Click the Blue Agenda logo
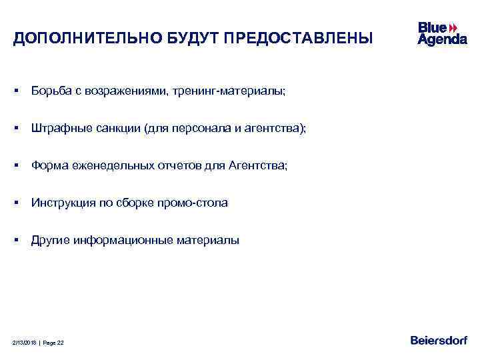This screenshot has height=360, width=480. tap(441, 33)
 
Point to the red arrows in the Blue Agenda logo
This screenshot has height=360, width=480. tap(453, 27)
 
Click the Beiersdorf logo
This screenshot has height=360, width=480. tap(439, 341)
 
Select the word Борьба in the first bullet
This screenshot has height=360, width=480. tap(49, 91)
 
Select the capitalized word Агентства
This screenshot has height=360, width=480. tap(261, 165)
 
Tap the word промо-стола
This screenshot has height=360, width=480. tap(198, 203)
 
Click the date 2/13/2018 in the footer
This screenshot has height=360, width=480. tap(24, 343)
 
